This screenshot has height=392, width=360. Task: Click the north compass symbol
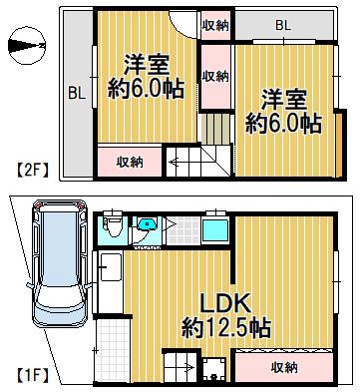pos(27,46)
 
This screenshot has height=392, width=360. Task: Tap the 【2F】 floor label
pos(33,171)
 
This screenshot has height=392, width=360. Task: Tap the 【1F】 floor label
pos(33,376)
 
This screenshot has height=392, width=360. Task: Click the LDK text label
pos(224,302)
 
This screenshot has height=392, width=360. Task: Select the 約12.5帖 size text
pos(226,327)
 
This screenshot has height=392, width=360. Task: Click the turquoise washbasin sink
pos(147,225)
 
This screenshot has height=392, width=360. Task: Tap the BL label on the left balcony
pos(77,94)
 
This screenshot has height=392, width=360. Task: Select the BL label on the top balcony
pos(283,26)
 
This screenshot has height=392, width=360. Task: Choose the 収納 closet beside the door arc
pos(215,26)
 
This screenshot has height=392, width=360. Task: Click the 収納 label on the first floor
pos(284,367)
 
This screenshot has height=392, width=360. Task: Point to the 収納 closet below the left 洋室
pos(130,162)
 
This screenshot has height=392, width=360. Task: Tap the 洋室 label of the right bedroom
pos(283,100)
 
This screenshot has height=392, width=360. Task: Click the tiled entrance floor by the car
pos(112,350)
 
